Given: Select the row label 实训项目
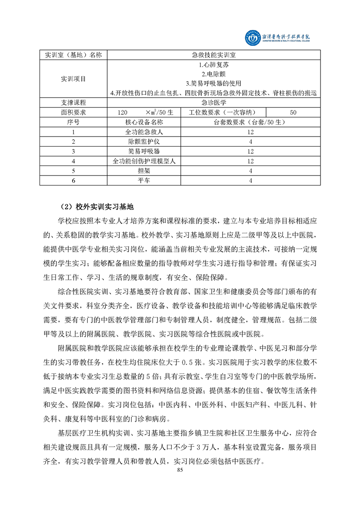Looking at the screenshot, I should pos(73,79).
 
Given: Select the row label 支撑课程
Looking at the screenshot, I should pos(73,103).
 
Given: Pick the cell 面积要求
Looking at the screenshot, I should pos(73,112).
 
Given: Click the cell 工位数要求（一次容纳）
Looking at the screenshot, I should pos(224,112).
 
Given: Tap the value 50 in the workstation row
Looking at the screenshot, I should pos(292,112).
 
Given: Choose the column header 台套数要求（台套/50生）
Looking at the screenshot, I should pos(251,122).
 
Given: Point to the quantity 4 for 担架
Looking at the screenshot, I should pos(251,171).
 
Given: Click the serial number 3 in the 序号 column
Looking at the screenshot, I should pos(73,151).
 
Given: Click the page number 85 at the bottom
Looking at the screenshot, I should pos(180,470).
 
